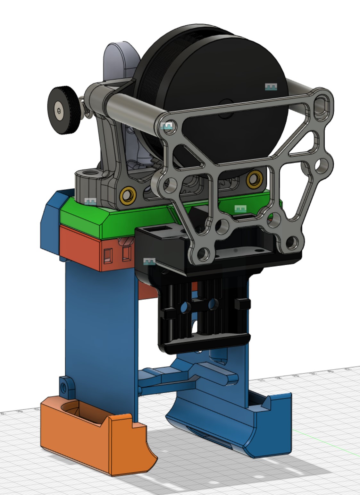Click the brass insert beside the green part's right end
point(254,179)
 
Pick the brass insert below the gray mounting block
point(126,196)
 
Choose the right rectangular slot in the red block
point(127,253)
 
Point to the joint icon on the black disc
point(271,87)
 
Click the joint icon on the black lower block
point(149,261)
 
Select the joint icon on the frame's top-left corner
point(167,126)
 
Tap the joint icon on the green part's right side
point(240,209)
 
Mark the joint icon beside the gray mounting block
point(90,201)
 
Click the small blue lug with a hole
point(64,388)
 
